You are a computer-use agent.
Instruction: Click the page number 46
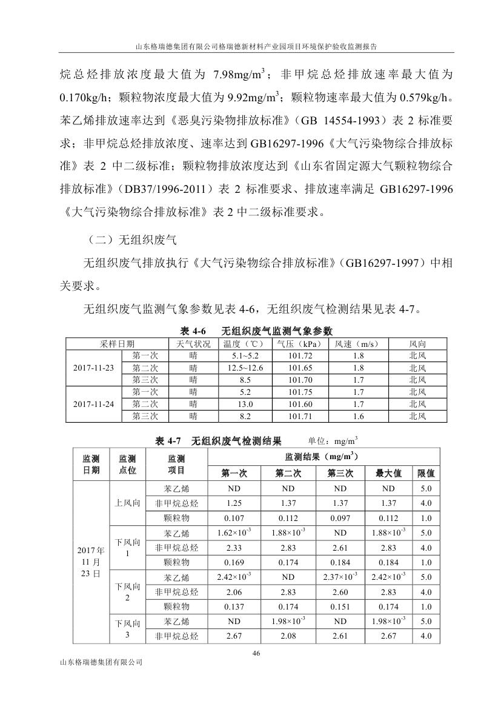click(x=255, y=653)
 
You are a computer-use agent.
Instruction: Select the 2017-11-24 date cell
click(x=93, y=404)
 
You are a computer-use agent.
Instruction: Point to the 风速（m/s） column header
click(x=358, y=344)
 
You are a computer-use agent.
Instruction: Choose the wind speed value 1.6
click(x=358, y=416)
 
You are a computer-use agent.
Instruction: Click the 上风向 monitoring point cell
click(x=128, y=503)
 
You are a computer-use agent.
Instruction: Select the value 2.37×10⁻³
click(x=340, y=576)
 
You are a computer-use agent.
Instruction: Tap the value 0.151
click(x=340, y=606)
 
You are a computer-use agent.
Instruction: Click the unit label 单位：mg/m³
click(x=333, y=440)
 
